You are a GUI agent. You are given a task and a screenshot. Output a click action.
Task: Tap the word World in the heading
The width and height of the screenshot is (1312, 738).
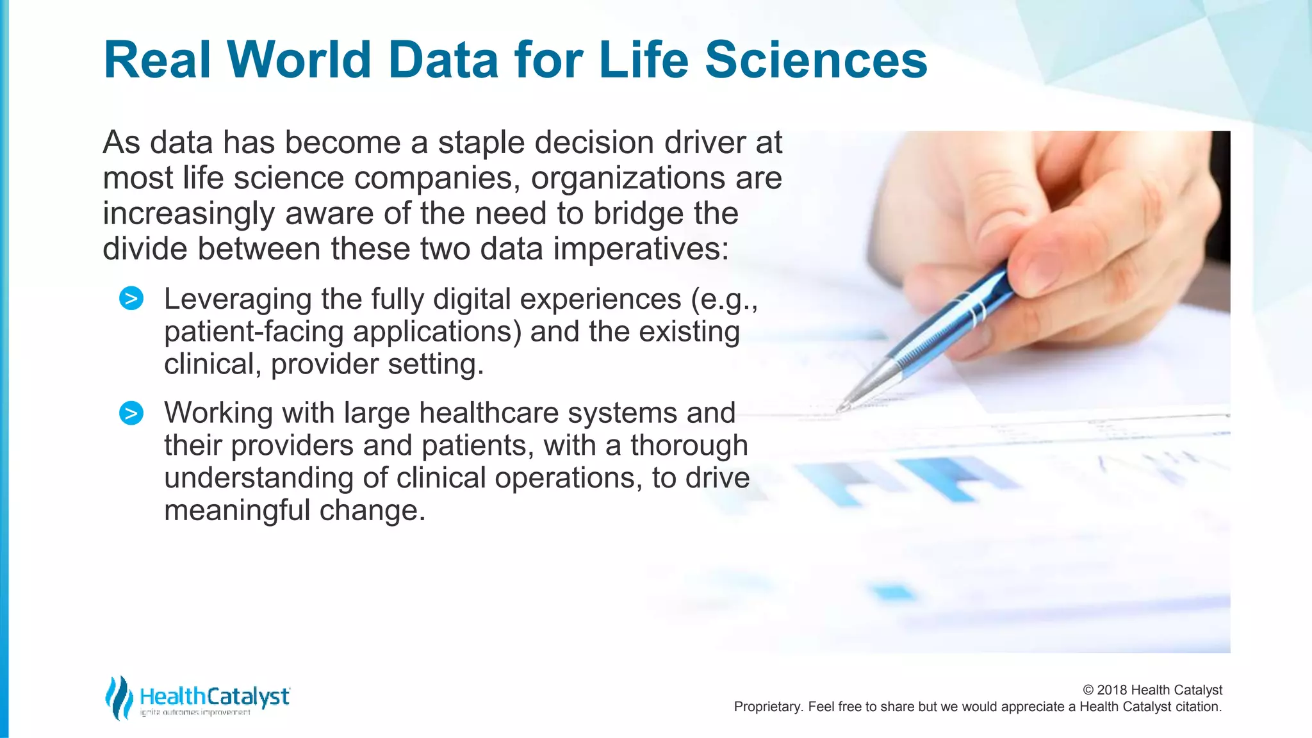tap(299, 60)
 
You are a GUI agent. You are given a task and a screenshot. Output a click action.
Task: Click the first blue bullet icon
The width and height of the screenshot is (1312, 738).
tap(131, 299)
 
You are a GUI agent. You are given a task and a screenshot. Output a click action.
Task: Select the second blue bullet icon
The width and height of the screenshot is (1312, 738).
tap(131, 413)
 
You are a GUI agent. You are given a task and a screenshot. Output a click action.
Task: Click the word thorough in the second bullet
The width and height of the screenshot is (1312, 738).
tap(689, 446)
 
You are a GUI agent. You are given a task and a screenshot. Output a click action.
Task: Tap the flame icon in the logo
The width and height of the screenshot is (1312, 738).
tap(119, 697)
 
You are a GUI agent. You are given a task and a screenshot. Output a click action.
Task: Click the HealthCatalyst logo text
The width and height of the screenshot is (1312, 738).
tap(215, 696)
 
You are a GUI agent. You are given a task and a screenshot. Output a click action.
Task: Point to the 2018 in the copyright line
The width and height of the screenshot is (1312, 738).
tap(1112, 690)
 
